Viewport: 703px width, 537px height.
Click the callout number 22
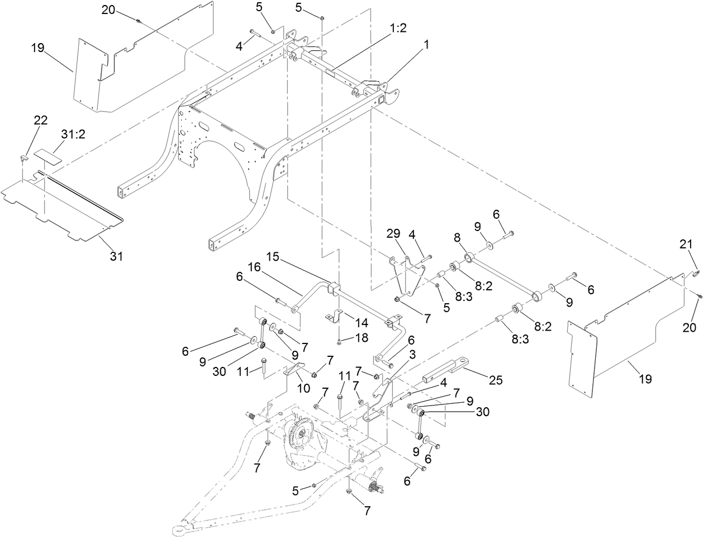tap(41, 120)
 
